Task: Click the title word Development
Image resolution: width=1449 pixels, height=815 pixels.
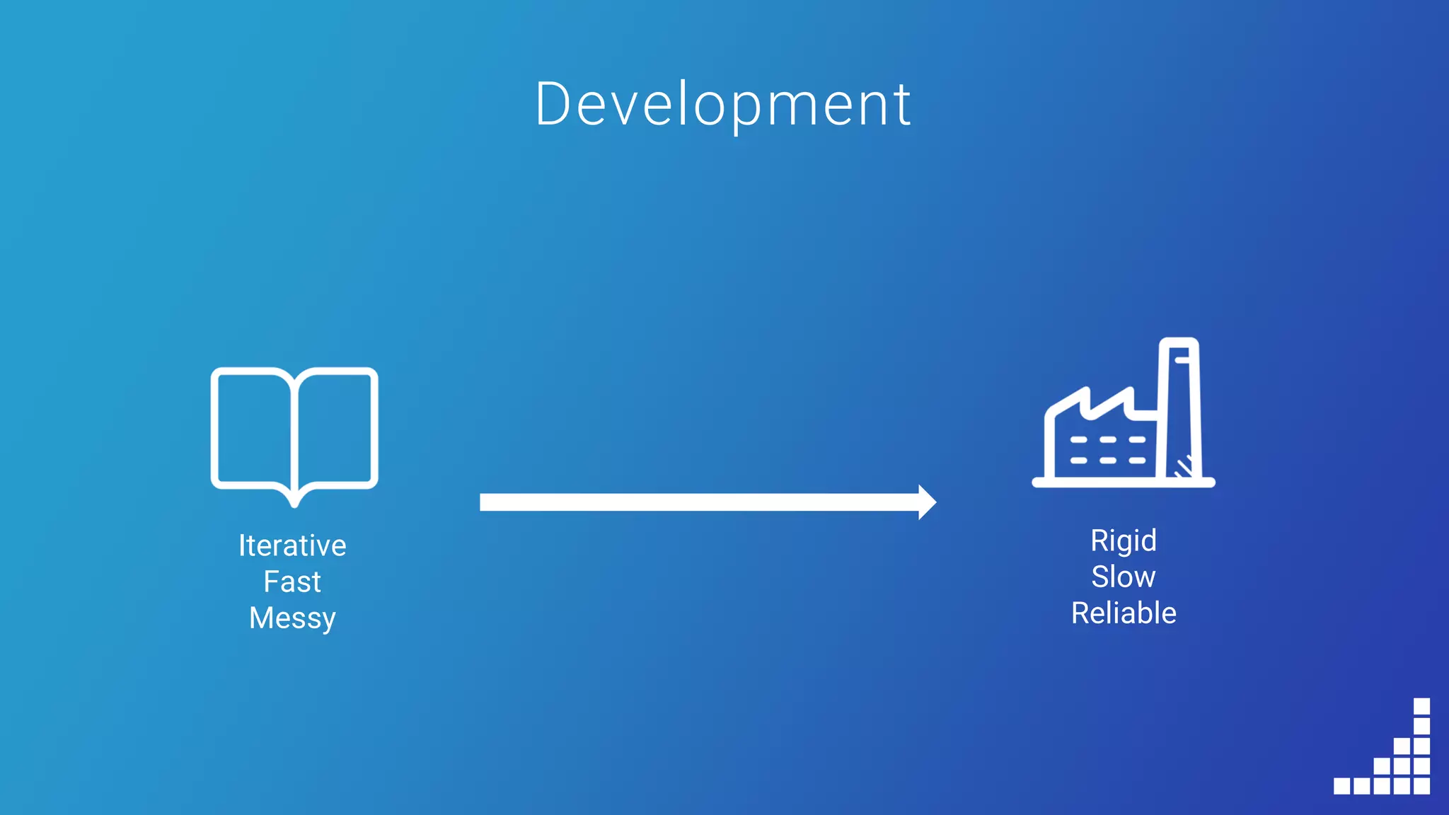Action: click(x=723, y=105)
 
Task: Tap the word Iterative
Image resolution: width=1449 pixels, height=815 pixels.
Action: click(x=292, y=545)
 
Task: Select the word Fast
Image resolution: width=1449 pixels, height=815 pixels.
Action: click(x=292, y=582)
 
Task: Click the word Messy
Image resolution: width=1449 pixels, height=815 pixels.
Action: click(x=292, y=618)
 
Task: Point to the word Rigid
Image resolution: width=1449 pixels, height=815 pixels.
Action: click(x=1124, y=541)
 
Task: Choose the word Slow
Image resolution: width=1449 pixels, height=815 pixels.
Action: click(x=1124, y=577)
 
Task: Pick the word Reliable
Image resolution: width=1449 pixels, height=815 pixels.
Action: click(x=1124, y=613)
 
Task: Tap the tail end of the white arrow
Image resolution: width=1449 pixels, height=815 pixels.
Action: click(x=485, y=502)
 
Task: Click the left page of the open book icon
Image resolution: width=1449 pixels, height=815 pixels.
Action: click(x=253, y=428)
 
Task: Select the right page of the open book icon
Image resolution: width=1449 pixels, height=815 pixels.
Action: click(x=335, y=428)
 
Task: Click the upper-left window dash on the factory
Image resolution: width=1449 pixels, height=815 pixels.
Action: click(x=1078, y=440)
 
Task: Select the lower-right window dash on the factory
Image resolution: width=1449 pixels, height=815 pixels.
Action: click(x=1137, y=461)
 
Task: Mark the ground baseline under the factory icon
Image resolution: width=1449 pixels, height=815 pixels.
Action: click(x=1124, y=482)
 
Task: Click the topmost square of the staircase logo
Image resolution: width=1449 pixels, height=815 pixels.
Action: click(x=1421, y=706)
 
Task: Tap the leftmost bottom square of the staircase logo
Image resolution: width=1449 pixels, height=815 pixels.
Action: click(x=1342, y=785)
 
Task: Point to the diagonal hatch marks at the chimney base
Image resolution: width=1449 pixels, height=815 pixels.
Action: click(x=1184, y=467)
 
